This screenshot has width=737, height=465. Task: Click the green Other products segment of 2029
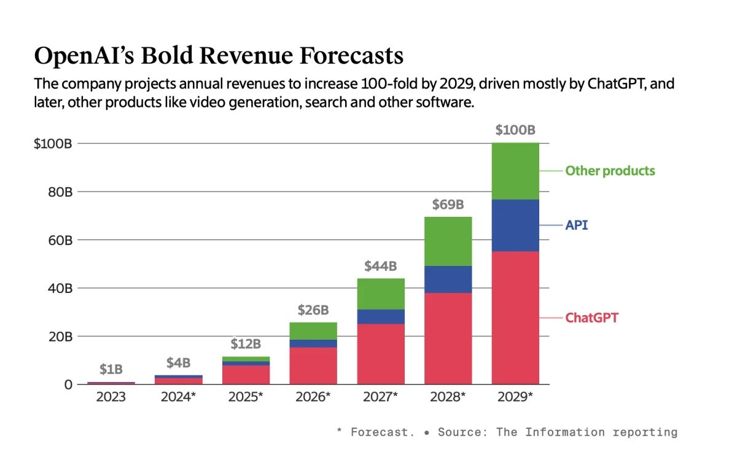coord(515,171)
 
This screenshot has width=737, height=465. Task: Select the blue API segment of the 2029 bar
coord(515,225)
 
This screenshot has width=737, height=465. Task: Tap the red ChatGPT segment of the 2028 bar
coord(448,338)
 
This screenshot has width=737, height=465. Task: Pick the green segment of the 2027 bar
coord(381,294)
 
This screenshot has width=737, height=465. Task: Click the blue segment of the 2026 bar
coord(314,343)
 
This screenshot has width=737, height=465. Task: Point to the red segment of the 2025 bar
coord(246,375)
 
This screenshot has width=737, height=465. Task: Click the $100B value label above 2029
coord(515,130)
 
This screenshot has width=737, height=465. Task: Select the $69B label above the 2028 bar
coord(448,204)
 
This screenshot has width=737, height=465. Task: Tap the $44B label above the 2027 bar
coord(381,266)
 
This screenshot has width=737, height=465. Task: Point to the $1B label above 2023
coord(111,369)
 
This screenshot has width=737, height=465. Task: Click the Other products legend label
coord(610,171)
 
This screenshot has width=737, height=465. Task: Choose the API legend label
coord(576,225)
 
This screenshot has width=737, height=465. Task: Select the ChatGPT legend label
coord(591,318)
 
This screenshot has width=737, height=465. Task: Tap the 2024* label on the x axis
coord(179,397)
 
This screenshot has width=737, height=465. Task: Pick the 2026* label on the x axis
coord(314,397)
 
